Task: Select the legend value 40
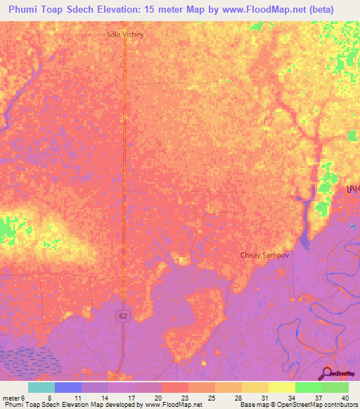tap(344, 397)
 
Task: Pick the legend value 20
tap(160, 397)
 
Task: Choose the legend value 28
tap(238, 397)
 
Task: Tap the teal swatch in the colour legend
tap(41, 387)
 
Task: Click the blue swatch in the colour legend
tap(67, 387)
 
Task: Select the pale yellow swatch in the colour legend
tap(281, 387)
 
